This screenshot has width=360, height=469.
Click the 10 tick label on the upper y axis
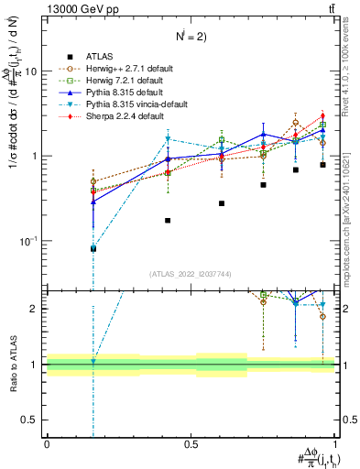(30, 71)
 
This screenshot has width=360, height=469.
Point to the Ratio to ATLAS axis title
(12, 365)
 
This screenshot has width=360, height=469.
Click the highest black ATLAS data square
(322, 165)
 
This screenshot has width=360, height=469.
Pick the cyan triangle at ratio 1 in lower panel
(93, 362)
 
